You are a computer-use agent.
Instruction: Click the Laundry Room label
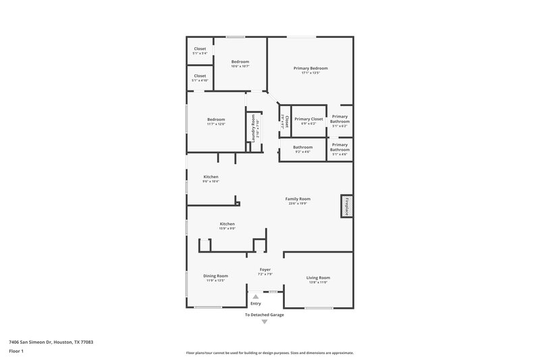click(x=254, y=128)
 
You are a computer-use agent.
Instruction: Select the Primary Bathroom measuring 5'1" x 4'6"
click(x=340, y=149)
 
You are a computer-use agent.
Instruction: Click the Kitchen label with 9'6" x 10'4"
click(x=211, y=179)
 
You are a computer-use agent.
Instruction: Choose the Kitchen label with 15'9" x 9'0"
click(x=227, y=226)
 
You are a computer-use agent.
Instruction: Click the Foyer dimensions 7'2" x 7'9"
click(x=265, y=274)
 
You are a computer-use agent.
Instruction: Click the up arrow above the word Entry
click(x=255, y=296)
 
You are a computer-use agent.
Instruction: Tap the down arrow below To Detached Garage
click(x=264, y=322)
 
